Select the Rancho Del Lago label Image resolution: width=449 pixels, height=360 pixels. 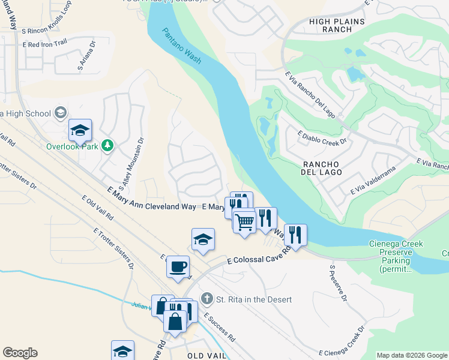pyautogui.click(x=322, y=168)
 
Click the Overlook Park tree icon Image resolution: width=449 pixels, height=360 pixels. pyautogui.click(x=107, y=145)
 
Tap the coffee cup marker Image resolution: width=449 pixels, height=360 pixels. pyautogui.click(x=178, y=266)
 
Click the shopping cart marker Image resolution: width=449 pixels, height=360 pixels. pyautogui.click(x=244, y=222)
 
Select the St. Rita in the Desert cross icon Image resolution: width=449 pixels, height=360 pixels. pyautogui.click(x=207, y=299)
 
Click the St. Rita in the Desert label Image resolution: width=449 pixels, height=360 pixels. pyautogui.click(x=253, y=299)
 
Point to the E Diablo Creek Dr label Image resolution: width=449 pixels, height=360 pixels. pyautogui.click(x=323, y=137)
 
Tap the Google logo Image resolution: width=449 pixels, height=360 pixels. pyautogui.click(x=20, y=353)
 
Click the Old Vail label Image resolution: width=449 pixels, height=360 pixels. pyautogui.click(x=206, y=356)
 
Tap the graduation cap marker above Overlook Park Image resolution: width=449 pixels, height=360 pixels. pyautogui.click(x=80, y=130)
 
